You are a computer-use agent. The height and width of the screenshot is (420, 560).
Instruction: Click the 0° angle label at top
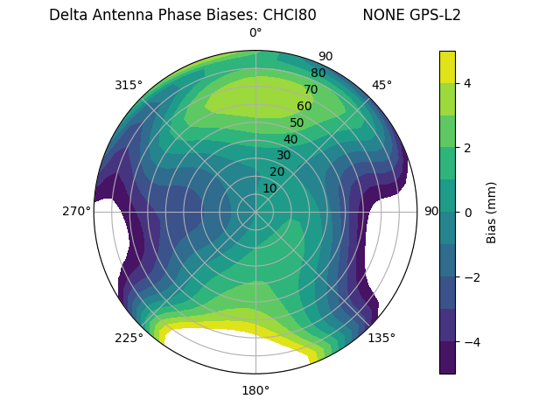coord(255,33)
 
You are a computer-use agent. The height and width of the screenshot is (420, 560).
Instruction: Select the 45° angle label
coord(381,85)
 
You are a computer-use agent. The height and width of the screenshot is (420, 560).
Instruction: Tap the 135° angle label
coord(381,338)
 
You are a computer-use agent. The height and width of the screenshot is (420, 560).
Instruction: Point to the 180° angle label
coord(255,390)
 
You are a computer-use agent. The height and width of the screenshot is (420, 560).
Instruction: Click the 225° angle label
coord(129,338)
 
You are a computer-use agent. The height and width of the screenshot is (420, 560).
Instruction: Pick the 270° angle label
coord(77,211)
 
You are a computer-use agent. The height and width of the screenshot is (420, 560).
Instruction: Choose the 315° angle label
coord(129,85)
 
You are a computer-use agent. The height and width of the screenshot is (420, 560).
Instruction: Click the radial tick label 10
coord(269,188)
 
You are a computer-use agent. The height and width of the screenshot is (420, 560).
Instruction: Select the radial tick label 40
coord(290,139)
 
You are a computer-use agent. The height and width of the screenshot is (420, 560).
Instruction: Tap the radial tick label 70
coord(311,89)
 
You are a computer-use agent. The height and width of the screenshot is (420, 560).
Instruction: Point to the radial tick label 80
coord(318,73)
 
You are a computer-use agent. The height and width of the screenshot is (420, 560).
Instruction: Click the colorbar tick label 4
coord(468,83)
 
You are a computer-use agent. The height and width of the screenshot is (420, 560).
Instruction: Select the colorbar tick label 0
coord(468,212)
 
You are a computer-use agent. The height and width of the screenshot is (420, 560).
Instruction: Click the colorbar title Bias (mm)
coord(492,212)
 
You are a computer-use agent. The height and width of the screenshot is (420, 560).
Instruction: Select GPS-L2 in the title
coord(430,15)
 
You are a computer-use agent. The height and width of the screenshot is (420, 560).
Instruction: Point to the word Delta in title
coord(67,15)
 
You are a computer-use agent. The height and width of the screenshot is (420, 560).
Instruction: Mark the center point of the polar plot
coord(255,212)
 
